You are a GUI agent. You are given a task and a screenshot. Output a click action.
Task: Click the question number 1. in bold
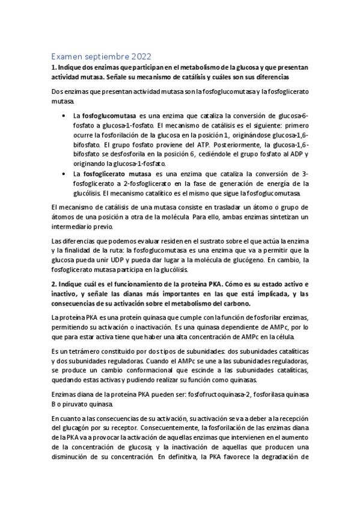(x=54, y=67)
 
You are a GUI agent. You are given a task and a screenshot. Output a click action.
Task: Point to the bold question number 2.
(x=54, y=283)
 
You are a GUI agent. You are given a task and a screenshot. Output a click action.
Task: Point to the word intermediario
(x=76, y=227)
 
